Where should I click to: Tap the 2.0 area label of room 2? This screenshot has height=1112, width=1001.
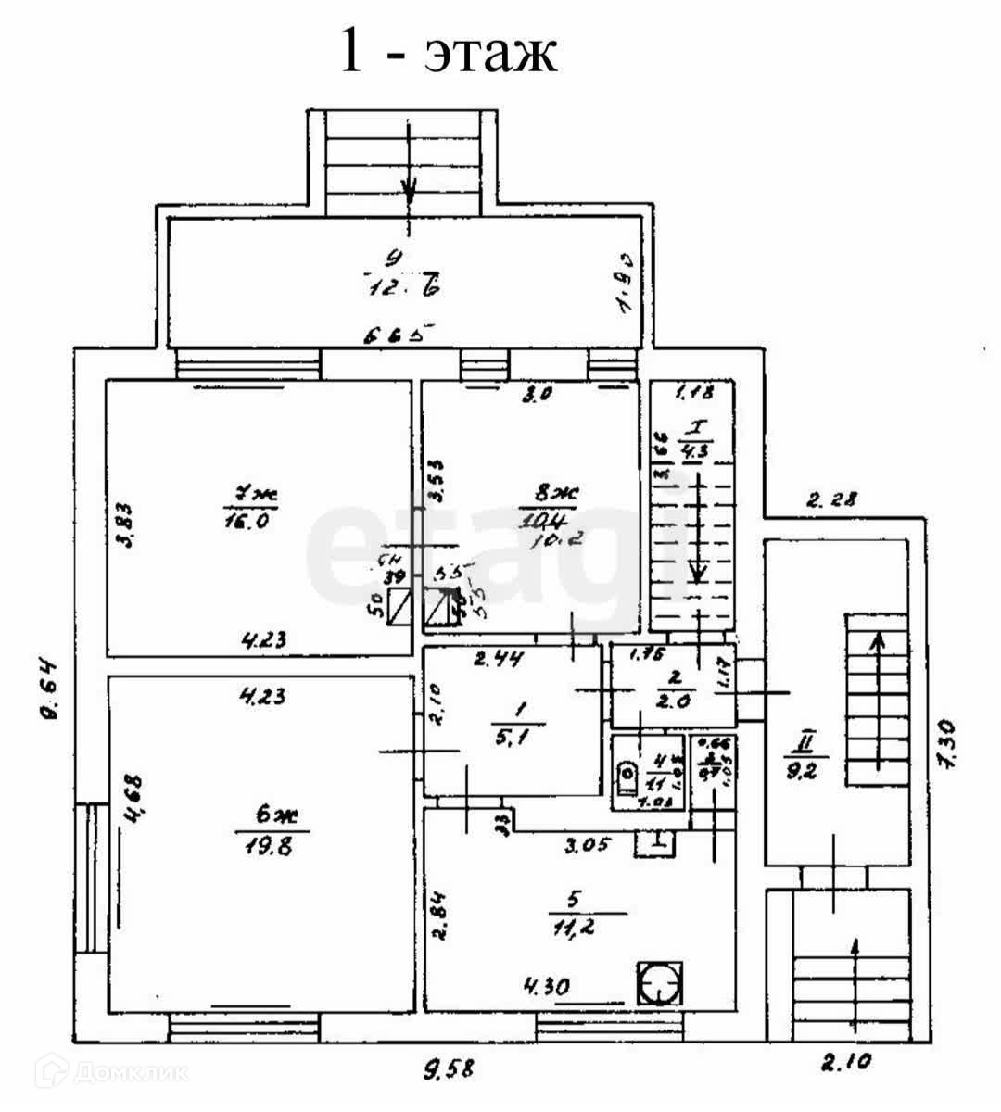(x=670, y=701)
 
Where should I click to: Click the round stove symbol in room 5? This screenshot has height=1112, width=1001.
(x=661, y=983)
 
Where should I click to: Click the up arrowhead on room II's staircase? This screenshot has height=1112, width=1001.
(x=876, y=638)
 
